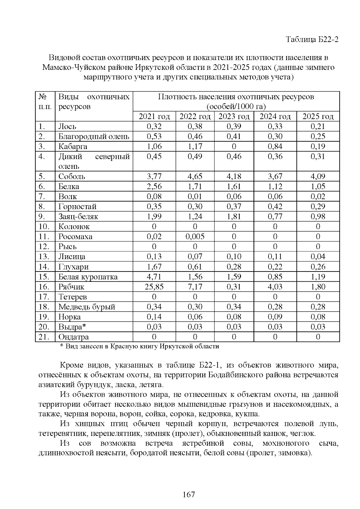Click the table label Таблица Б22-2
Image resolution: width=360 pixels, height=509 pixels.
tap(312, 39)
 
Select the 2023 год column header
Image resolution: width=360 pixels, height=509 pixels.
tap(234, 116)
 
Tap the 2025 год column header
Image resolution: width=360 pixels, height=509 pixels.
tap(318, 116)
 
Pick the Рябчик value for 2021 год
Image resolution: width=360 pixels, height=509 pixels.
tap(154, 287)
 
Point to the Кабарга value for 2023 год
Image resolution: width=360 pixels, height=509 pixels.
tap(234, 146)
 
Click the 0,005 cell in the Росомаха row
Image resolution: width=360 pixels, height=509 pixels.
tap(195, 237)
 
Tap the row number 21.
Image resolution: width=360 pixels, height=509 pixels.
tap(44, 337)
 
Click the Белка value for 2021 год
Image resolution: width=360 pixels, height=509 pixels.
tap(154, 187)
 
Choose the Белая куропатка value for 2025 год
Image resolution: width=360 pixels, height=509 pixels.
tap(318, 277)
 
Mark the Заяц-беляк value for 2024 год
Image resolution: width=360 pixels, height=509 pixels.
tap(275, 217)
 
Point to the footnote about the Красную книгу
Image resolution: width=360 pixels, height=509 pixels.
tap(139, 346)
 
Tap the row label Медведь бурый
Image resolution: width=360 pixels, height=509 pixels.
tap(87, 307)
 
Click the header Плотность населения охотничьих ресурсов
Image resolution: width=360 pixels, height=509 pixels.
tap(236, 97)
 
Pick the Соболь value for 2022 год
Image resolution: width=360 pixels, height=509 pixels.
tap(195, 176)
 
